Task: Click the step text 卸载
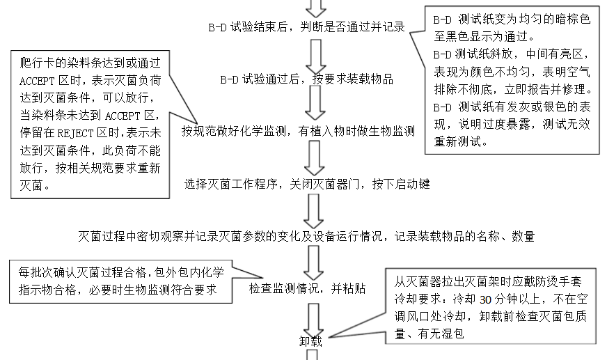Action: tap(311, 341)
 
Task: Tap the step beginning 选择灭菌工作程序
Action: tap(307, 185)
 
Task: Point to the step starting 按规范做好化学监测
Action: tap(299, 130)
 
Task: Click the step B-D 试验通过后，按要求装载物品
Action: tap(301, 79)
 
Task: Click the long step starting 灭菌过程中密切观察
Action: tap(306, 236)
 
